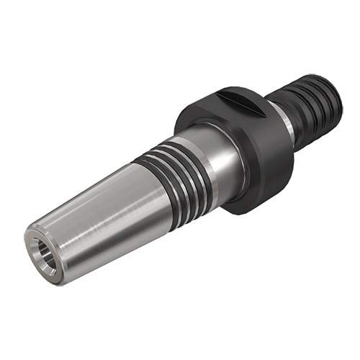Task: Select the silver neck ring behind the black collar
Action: [x=287, y=119]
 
